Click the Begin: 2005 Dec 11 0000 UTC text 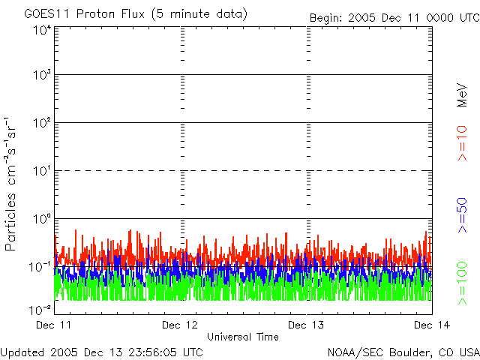[x=393, y=17]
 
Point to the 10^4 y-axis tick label [x=42, y=30]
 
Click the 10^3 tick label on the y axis [x=42, y=76]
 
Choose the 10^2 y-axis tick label [x=42, y=123]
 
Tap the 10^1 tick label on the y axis [x=42, y=171]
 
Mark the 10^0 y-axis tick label [x=42, y=219]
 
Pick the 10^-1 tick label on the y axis [x=40, y=266]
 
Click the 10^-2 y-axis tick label [x=40, y=310]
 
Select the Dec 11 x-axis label [x=54, y=325]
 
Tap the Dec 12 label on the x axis [x=180, y=325]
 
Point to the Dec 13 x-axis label [x=307, y=325]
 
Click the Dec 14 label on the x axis [x=430, y=325]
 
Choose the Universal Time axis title [x=242, y=337]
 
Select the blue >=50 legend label [x=463, y=214]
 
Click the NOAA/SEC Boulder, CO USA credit [x=403, y=352]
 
